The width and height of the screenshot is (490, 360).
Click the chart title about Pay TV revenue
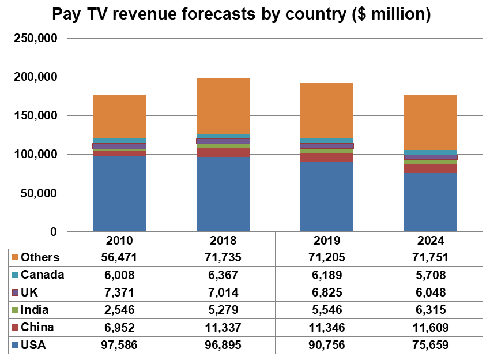(x=242, y=14)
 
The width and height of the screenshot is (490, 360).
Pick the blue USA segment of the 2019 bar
(x=326, y=196)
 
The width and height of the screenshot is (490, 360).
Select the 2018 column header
(x=223, y=241)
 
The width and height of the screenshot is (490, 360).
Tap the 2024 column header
(x=430, y=241)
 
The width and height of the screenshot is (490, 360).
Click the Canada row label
(x=42, y=275)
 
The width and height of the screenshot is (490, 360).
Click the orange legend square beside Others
(x=16, y=257)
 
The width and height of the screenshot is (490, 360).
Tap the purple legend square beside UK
(x=16, y=292)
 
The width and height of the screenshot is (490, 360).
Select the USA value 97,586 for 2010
(x=119, y=345)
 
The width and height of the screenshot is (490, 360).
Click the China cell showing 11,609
(x=430, y=328)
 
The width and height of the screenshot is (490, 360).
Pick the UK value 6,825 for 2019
(x=326, y=292)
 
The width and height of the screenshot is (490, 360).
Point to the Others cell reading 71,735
(x=223, y=257)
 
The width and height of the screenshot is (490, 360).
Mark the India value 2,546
(x=119, y=310)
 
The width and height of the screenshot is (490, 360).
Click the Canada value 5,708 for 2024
(x=430, y=275)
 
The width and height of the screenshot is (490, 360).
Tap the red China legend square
(x=16, y=328)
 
